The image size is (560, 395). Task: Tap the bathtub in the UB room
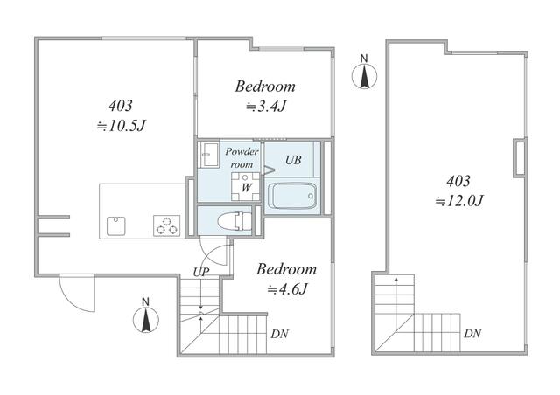pyautogui.click(x=292, y=196)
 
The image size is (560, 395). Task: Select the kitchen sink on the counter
pyautogui.click(x=116, y=225)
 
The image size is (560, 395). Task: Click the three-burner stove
pyautogui.click(x=167, y=225)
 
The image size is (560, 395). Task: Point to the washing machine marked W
pyautogui.click(x=245, y=187)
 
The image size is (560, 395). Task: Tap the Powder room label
pyautogui.click(x=241, y=157)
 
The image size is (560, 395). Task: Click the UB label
pyautogui.click(x=293, y=160)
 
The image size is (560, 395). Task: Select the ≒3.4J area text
pyautogui.click(x=266, y=107)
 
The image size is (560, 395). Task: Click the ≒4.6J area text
pyautogui.click(x=288, y=289)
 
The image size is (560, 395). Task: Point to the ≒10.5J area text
pyautogui.click(x=122, y=126)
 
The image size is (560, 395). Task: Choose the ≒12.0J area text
pyautogui.click(x=459, y=201)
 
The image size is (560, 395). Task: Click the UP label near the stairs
pyautogui.click(x=201, y=272)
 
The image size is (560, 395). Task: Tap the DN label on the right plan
pyautogui.click(x=472, y=334)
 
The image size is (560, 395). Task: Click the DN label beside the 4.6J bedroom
pyautogui.click(x=280, y=334)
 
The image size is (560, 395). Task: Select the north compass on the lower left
pyautogui.click(x=146, y=316)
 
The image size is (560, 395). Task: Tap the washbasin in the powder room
pyautogui.click(x=210, y=155)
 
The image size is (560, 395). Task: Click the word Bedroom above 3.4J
pyautogui.click(x=265, y=87)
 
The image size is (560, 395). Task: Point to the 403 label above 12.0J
pyautogui.click(x=458, y=181)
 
